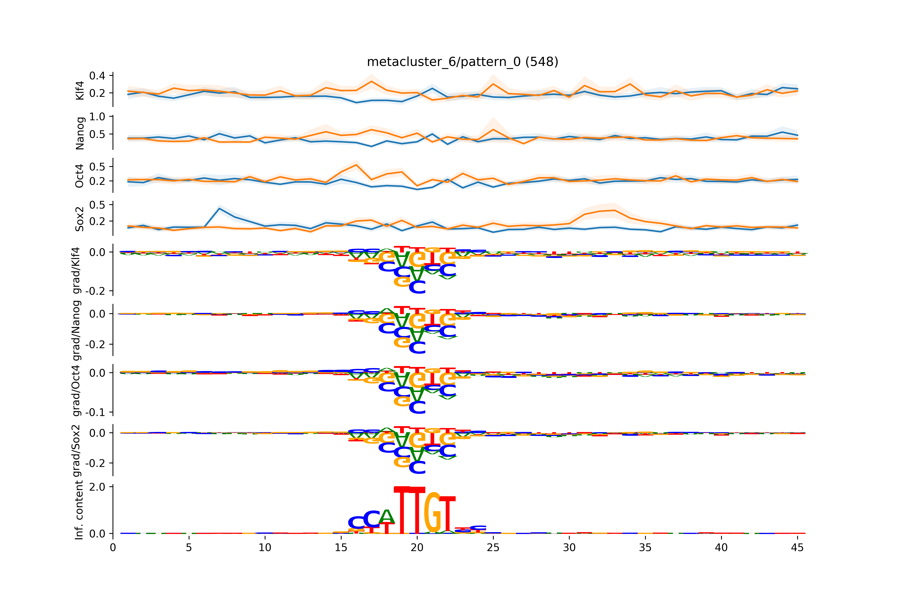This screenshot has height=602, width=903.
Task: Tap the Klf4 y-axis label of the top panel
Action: click(x=80, y=91)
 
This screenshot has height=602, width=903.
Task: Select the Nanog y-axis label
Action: click(x=80, y=133)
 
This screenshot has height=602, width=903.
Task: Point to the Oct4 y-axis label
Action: click(x=80, y=176)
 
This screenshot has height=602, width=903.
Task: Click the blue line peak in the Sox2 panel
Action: click(x=219, y=208)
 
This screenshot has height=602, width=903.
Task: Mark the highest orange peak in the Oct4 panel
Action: click(x=356, y=165)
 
